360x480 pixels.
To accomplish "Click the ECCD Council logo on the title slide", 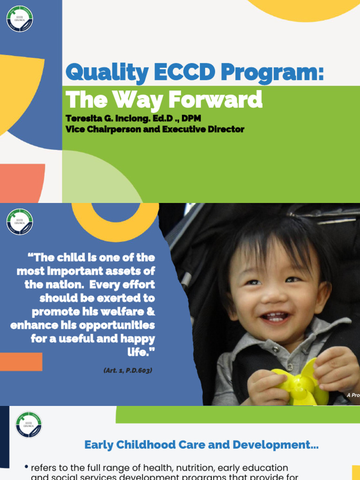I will tap(20, 19).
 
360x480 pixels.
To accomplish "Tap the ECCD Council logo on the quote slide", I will tap(20, 222).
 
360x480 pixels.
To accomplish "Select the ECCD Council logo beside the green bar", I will tap(29, 425).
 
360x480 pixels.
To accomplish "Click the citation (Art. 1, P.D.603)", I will tap(128, 370).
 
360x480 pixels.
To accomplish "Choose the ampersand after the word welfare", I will tap(150, 312).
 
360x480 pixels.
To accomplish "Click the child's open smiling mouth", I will tap(276, 317).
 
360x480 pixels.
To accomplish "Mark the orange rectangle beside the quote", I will tap(21, 362).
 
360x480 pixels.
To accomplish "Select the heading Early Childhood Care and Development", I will tap(201, 445).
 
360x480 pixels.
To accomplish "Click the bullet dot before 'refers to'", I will tap(26, 467).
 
